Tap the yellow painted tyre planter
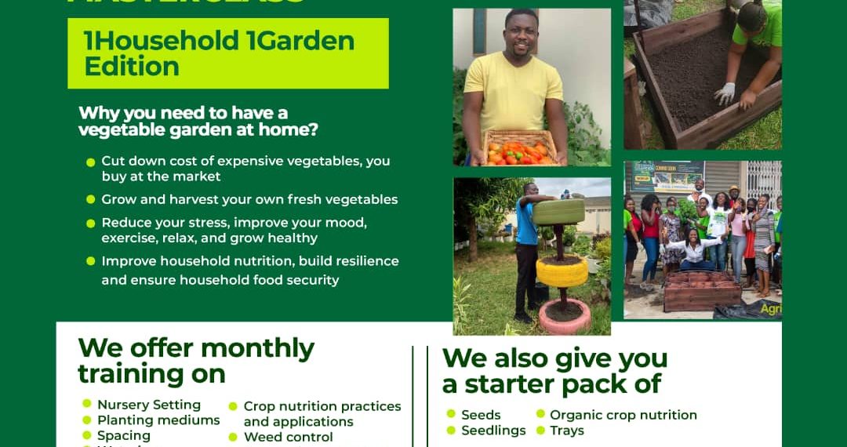click(562, 271)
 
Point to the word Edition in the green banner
click(132, 66)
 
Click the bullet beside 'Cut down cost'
click(90, 162)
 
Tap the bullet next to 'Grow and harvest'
click(90, 200)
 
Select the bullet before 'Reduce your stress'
click(90, 223)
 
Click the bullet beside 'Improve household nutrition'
click(90, 261)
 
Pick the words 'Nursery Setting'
click(149, 405)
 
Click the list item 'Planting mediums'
click(158, 420)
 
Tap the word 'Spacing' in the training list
click(124, 435)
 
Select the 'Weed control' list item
click(289, 437)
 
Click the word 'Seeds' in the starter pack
click(481, 415)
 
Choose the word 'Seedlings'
click(493, 431)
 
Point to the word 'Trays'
click(567, 431)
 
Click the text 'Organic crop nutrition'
click(623, 415)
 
